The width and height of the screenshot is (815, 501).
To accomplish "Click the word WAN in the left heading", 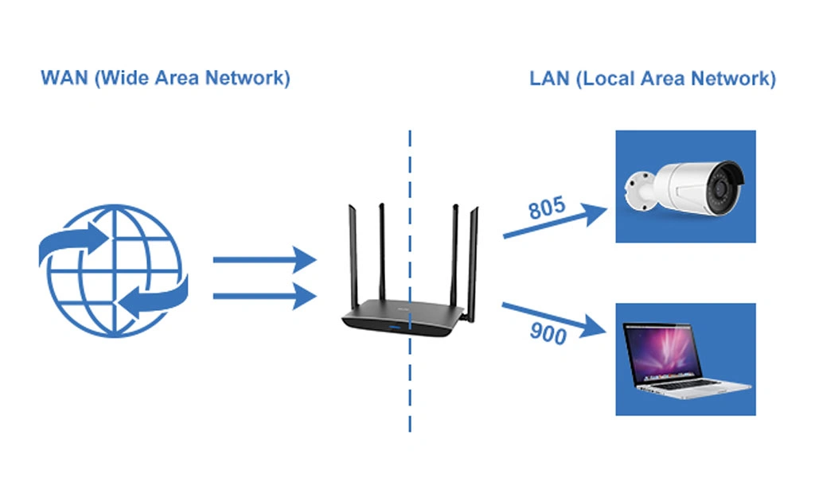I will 62,78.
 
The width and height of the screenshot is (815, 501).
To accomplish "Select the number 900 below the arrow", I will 548,334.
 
